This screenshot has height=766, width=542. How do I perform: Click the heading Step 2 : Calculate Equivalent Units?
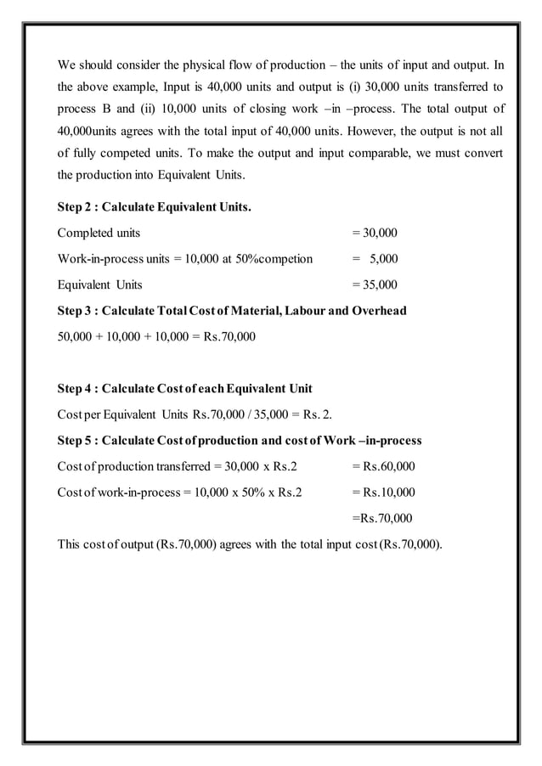click(x=154, y=206)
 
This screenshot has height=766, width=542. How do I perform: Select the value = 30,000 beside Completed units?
click(x=375, y=233)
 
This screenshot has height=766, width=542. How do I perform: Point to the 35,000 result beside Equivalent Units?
click(x=375, y=284)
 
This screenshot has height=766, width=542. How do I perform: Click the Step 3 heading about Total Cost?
click(x=231, y=311)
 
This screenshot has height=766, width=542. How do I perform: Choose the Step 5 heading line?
click(x=239, y=441)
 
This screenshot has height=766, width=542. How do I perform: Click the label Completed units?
click(x=99, y=233)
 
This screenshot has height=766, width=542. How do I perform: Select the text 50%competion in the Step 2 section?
click(x=276, y=259)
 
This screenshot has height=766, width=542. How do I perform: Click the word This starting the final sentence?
click(x=69, y=544)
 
